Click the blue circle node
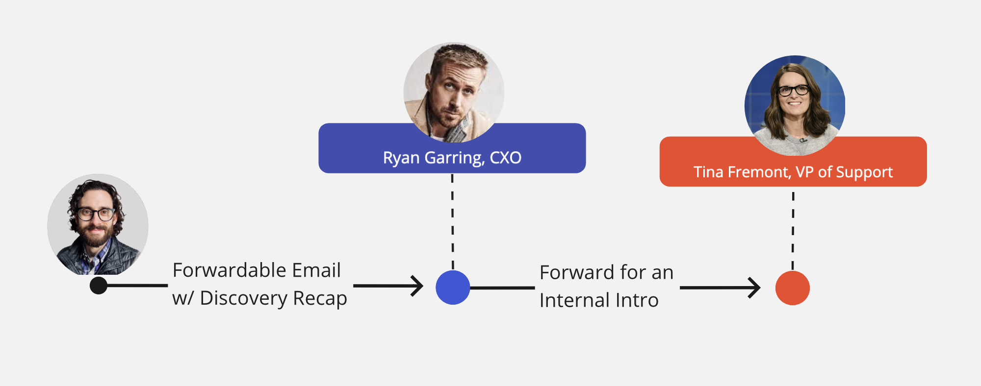click(x=453, y=288)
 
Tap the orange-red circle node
click(x=792, y=288)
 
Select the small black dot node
click(x=99, y=285)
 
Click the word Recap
click(x=320, y=298)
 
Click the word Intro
click(x=637, y=300)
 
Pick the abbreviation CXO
click(x=505, y=158)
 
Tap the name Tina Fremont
click(x=742, y=172)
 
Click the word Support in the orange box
click(x=864, y=172)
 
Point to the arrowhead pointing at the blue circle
click(x=418, y=286)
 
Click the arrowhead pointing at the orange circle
click(x=755, y=288)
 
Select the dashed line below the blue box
click(x=452, y=220)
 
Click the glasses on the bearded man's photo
click(x=96, y=214)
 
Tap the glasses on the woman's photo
click(x=794, y=90)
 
